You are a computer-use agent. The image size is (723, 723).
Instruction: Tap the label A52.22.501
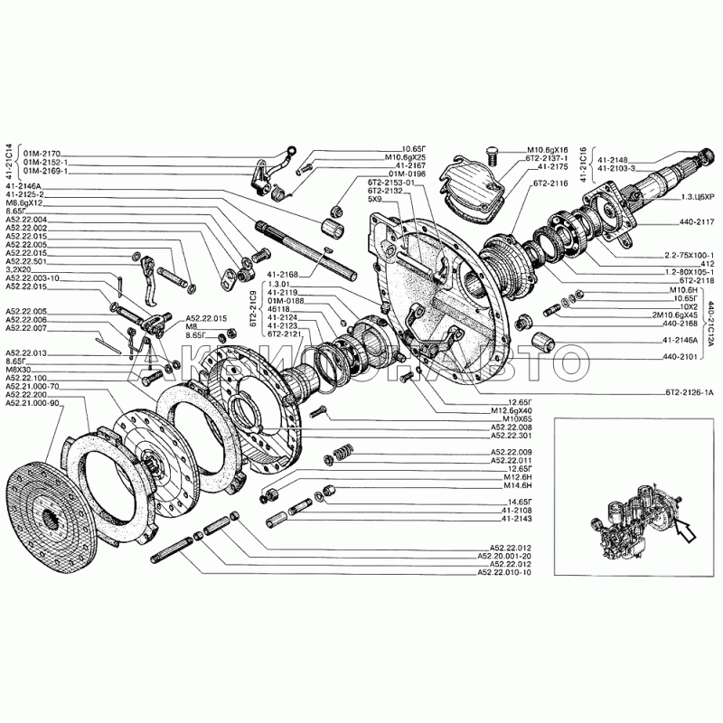pos(26,261)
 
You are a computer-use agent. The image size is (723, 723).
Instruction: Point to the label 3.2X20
pos(18,269)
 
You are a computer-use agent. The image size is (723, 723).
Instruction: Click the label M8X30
pos(19,370)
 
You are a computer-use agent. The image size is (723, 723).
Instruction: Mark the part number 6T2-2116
pos(550,183)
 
